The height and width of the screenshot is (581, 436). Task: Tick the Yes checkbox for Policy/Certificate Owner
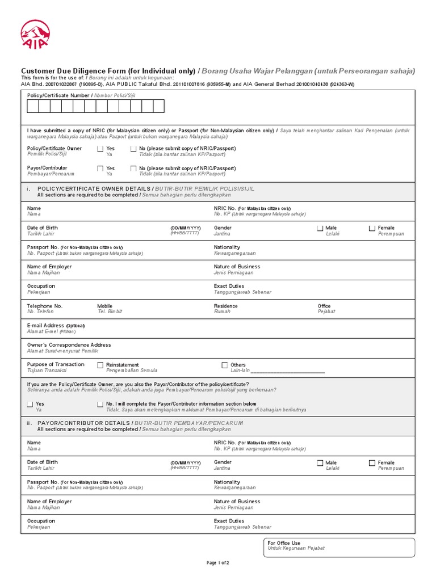pyautogui.click(x=100, y=149)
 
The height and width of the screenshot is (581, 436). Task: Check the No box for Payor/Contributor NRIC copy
pyautogui.click(x=133, y=169)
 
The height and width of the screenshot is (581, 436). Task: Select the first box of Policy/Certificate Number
pyautogui.click(x=33, y=106)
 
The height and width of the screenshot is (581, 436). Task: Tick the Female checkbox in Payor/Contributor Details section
pyautogui.click(x=372, y=463)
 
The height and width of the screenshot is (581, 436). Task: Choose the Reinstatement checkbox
pyautogui.click(x=100, y=365)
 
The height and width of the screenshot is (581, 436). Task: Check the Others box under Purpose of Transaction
pyautogui.click(x=225, y=365)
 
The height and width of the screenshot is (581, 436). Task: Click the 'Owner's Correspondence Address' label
pyautogui.click(x=69, y=345)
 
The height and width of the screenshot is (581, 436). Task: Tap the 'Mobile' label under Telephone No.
pyautogui.click(x=105, y=306)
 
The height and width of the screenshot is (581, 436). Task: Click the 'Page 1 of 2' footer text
pyautogui.click(x=218, y=563)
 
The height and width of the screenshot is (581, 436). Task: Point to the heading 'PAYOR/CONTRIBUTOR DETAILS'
pyautogui.click(x=84, y=423)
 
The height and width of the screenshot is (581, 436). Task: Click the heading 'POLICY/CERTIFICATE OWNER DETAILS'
pyautogui.click(x=94, y=188)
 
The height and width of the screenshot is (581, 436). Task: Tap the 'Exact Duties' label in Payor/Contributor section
pyautogui.click(x=229, y=521)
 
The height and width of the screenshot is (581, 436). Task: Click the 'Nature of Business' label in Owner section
pyautogui.click(x=237, y=267)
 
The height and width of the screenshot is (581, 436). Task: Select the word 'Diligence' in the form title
pyautogui.click(x=96, y=71)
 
